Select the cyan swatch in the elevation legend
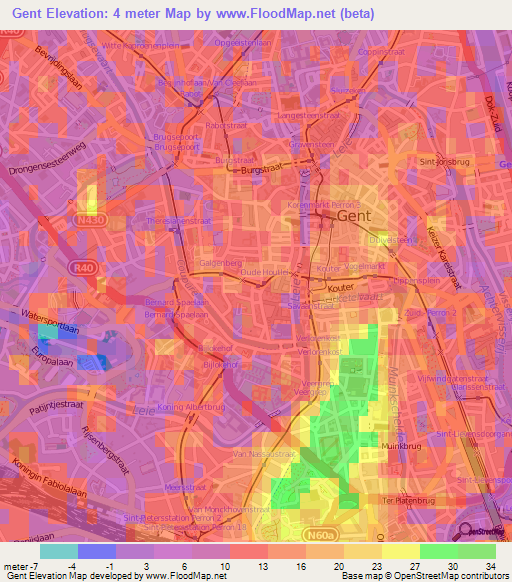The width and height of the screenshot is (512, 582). coord(59,550)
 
